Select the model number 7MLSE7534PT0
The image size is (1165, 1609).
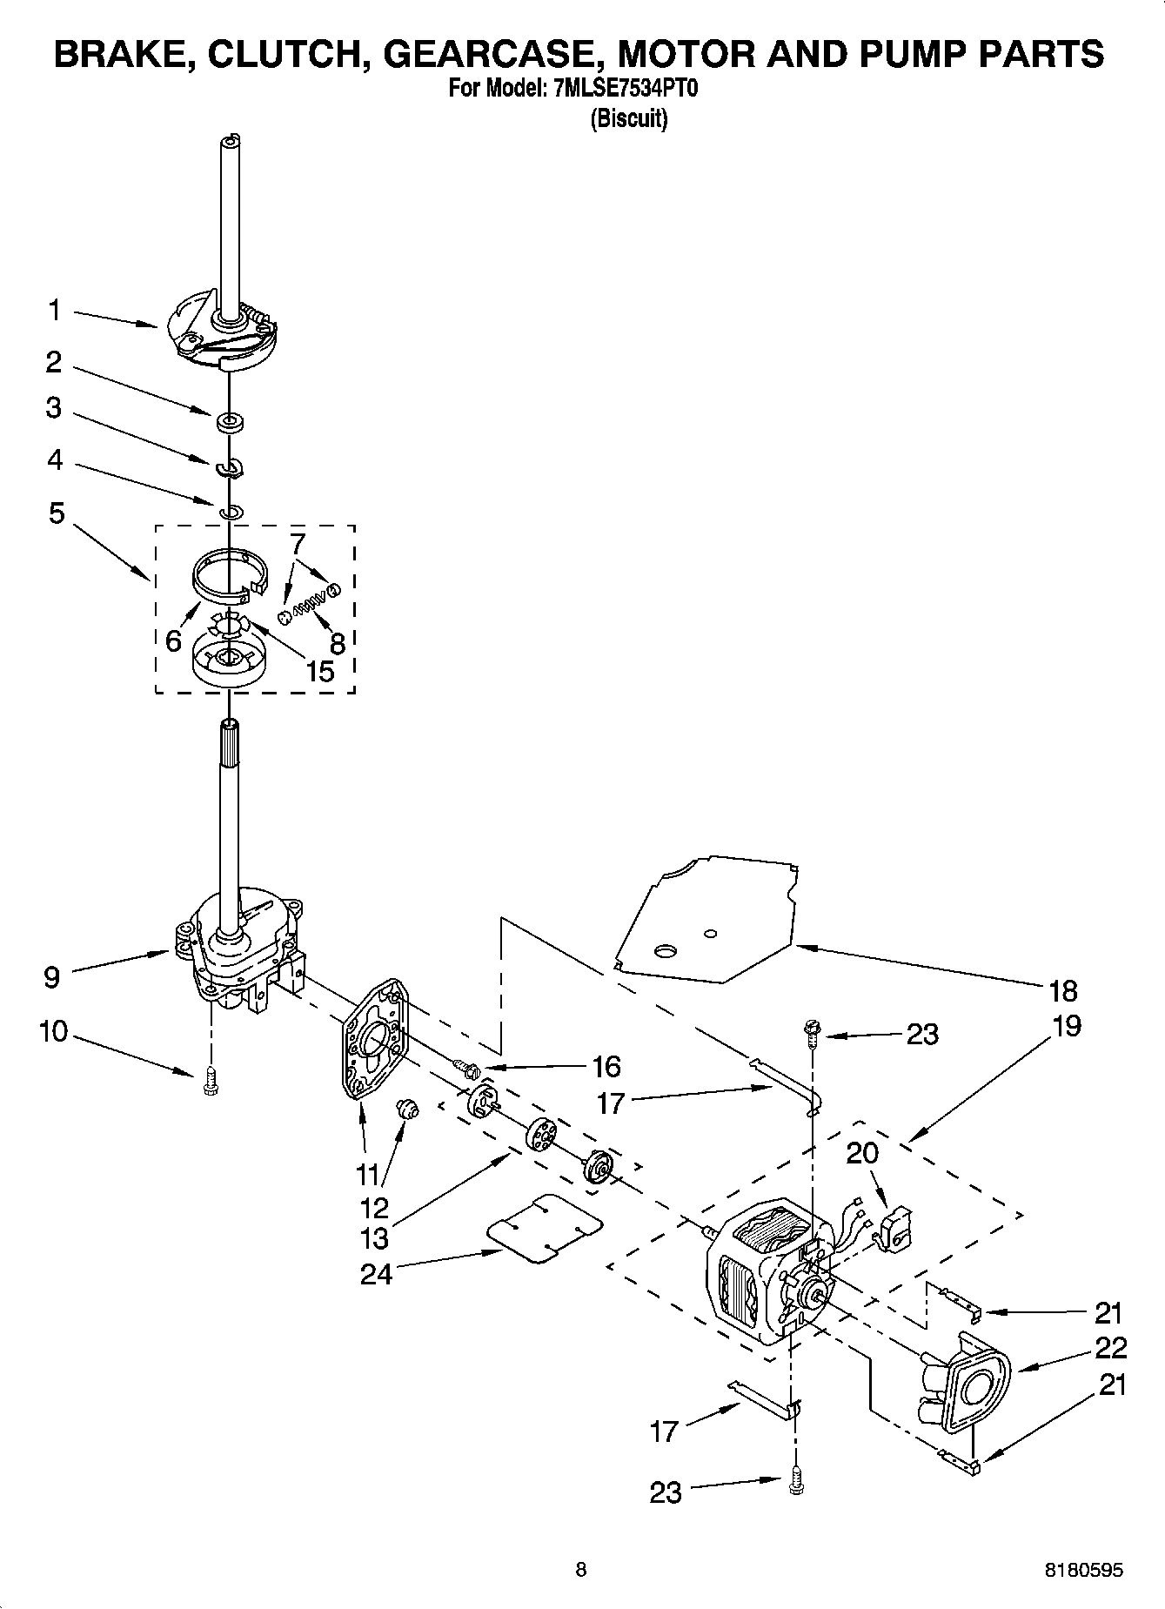click(x=625, y=90)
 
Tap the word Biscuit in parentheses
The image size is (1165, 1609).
click(x=628, y=118)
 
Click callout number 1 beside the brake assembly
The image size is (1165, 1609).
click(x=54, y=309)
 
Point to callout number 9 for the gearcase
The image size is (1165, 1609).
click(x=51, y=976)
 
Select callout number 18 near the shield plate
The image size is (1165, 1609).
click(x=1063, y=990)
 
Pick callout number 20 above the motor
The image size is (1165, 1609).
click(x=862, y=1153)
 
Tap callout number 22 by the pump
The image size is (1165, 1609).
click(x=1110, y=1347)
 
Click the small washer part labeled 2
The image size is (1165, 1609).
click(x=231, y=423)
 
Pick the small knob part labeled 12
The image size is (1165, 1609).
click(x=406, y=1108)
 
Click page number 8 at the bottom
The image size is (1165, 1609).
click(x=581, y=1569)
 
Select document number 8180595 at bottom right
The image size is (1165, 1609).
click(x=1083, y=1570)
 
